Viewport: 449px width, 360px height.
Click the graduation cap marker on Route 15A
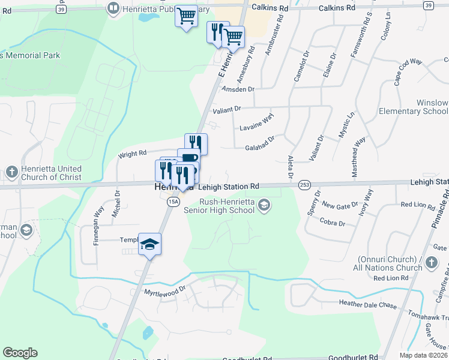pos(150,244)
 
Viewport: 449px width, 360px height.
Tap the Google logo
pos(20,353)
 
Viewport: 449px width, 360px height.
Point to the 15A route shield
pos(172,202)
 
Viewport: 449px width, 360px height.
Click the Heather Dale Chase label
pos(368,305)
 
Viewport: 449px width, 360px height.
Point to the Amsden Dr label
pos(238,89)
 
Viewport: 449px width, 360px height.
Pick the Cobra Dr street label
pos(333,223)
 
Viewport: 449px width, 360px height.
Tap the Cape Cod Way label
pos(409,70)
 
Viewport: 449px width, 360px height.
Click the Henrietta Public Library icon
pos(113,8)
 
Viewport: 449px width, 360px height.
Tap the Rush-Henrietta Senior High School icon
pos(264,206)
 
